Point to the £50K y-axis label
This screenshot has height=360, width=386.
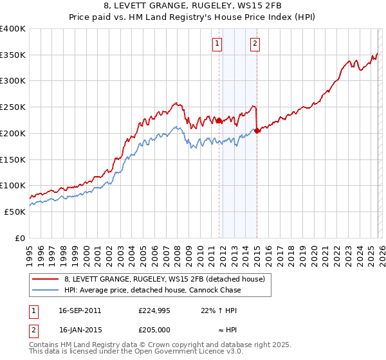coord(15,212)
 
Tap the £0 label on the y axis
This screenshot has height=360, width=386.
coord(21,238)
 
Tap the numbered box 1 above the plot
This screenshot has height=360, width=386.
coord(217,44)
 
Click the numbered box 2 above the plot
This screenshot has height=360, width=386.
coord(255,44)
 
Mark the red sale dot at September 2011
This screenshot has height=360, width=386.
coord(219,120)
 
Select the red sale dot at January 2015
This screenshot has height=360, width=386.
coord(257,130)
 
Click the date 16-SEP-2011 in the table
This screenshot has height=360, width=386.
coord(80,310)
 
